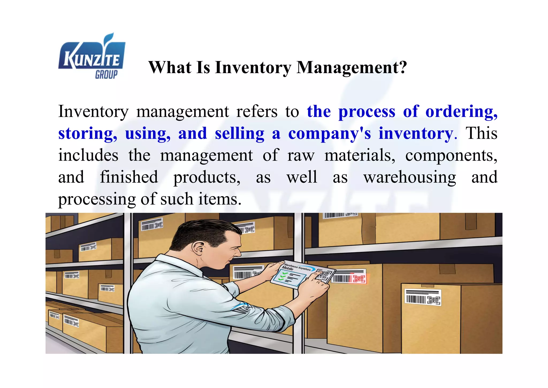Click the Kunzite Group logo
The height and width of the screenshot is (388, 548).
[x=92, y=57]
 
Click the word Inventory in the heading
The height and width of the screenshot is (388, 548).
[x=253, y=67]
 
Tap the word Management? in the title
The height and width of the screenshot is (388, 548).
[x=352, y=67]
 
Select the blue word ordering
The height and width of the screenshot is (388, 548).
[x=461, y=111]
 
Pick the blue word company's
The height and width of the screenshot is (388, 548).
[x=329, y=133]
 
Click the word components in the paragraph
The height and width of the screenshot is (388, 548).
[x=451, y=155]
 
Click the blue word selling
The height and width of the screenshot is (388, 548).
[x=239, y=133]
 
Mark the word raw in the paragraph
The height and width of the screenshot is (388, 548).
[x=301, y=155]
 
